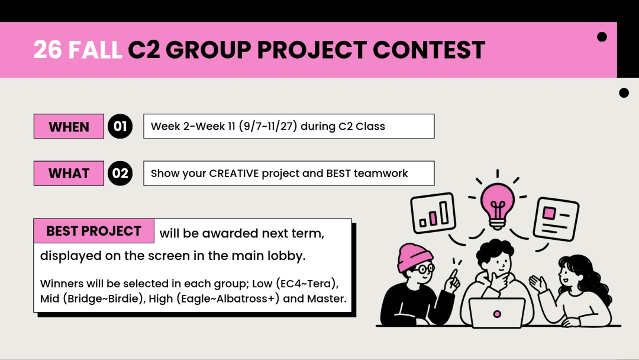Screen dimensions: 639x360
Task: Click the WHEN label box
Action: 69,126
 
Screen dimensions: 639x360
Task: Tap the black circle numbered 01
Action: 120,126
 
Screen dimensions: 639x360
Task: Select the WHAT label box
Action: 69,173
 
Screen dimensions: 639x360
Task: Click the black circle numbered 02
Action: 120,173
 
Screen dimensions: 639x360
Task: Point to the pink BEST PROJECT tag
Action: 93,231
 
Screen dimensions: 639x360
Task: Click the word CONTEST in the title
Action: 429,50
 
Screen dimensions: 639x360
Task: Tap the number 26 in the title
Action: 48,50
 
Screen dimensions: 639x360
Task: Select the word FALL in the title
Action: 95,50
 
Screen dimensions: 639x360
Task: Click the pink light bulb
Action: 497,206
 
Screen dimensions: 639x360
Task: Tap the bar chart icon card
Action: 433,213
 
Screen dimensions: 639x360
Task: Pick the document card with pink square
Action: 556,219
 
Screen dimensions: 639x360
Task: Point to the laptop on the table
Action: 497,313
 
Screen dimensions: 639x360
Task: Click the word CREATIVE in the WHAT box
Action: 234,173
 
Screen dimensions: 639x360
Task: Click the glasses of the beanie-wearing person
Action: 425,269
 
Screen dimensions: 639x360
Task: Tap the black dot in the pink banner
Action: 602,37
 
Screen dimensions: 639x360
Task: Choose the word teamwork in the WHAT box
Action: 380,173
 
